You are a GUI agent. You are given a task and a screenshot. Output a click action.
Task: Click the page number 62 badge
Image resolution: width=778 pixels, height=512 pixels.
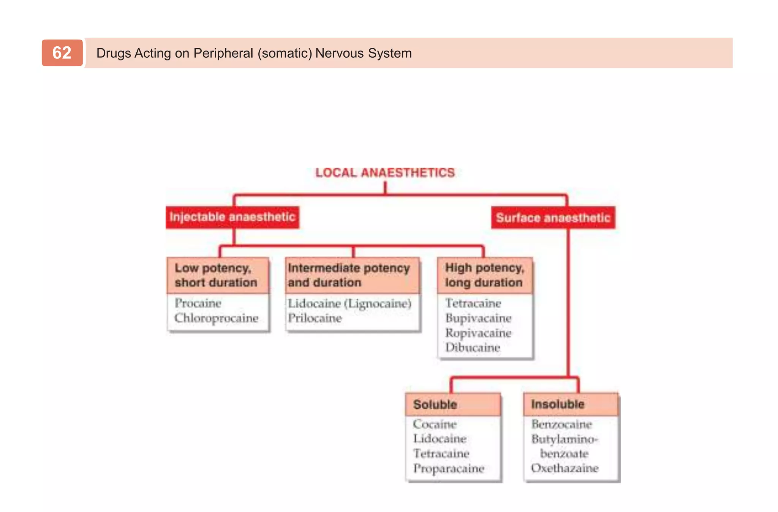click(62, 53)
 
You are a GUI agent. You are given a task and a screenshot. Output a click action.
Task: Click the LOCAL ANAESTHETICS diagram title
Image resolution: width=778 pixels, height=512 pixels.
click(385, 173)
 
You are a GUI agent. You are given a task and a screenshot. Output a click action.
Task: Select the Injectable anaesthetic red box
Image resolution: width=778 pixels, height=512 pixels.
click(232, 217)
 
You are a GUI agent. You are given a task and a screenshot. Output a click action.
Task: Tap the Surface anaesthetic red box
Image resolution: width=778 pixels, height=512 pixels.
click(553, 218)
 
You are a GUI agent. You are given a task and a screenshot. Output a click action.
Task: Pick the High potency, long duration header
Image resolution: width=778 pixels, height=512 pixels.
click(484, 275)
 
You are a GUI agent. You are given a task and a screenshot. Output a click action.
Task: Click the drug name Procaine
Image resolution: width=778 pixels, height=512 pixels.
click(198, 303)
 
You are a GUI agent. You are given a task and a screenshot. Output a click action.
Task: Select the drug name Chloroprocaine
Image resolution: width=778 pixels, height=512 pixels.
click(216, 318)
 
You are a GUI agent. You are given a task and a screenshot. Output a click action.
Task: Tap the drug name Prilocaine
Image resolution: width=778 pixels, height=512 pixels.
click(315, 318)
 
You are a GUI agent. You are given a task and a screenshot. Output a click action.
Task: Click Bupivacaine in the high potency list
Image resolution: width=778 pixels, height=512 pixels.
click(478, 318)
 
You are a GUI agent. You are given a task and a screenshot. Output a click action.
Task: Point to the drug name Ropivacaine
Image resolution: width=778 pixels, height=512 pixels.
click(478, 333)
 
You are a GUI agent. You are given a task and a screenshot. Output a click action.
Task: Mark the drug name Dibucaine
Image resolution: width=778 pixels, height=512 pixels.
click(473, 348)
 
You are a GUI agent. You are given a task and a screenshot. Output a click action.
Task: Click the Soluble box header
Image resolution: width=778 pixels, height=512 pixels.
click(435, 405)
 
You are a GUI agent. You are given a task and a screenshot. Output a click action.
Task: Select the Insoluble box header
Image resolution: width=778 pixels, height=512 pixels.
click(558, 404)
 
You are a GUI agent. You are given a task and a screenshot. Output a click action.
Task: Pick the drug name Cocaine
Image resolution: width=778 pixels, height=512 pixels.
click(435, 424)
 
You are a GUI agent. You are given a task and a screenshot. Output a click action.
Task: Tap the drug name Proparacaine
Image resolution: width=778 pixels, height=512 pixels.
click(449, 468)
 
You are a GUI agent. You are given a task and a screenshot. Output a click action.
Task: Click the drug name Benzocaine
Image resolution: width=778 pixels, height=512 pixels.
click(561, 424)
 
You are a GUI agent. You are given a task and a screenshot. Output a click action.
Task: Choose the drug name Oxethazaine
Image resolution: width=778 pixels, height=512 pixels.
click(565, 468)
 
